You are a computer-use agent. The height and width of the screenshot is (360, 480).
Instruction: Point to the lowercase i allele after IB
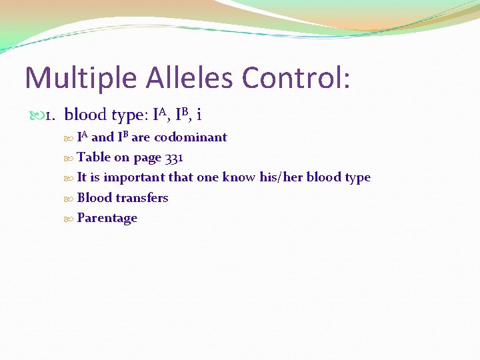pos(199,115)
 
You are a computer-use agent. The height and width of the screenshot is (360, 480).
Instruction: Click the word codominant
pos(191,137)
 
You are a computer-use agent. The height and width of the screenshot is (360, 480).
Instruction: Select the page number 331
pos(173,158)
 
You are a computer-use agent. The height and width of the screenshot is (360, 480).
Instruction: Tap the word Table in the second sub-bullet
pos(93,158)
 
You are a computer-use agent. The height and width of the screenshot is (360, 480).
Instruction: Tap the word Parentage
pos(107,219)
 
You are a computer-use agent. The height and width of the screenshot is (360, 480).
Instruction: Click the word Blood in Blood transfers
pos(94,198)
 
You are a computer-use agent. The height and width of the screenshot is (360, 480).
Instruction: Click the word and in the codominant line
pos(102,137)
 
